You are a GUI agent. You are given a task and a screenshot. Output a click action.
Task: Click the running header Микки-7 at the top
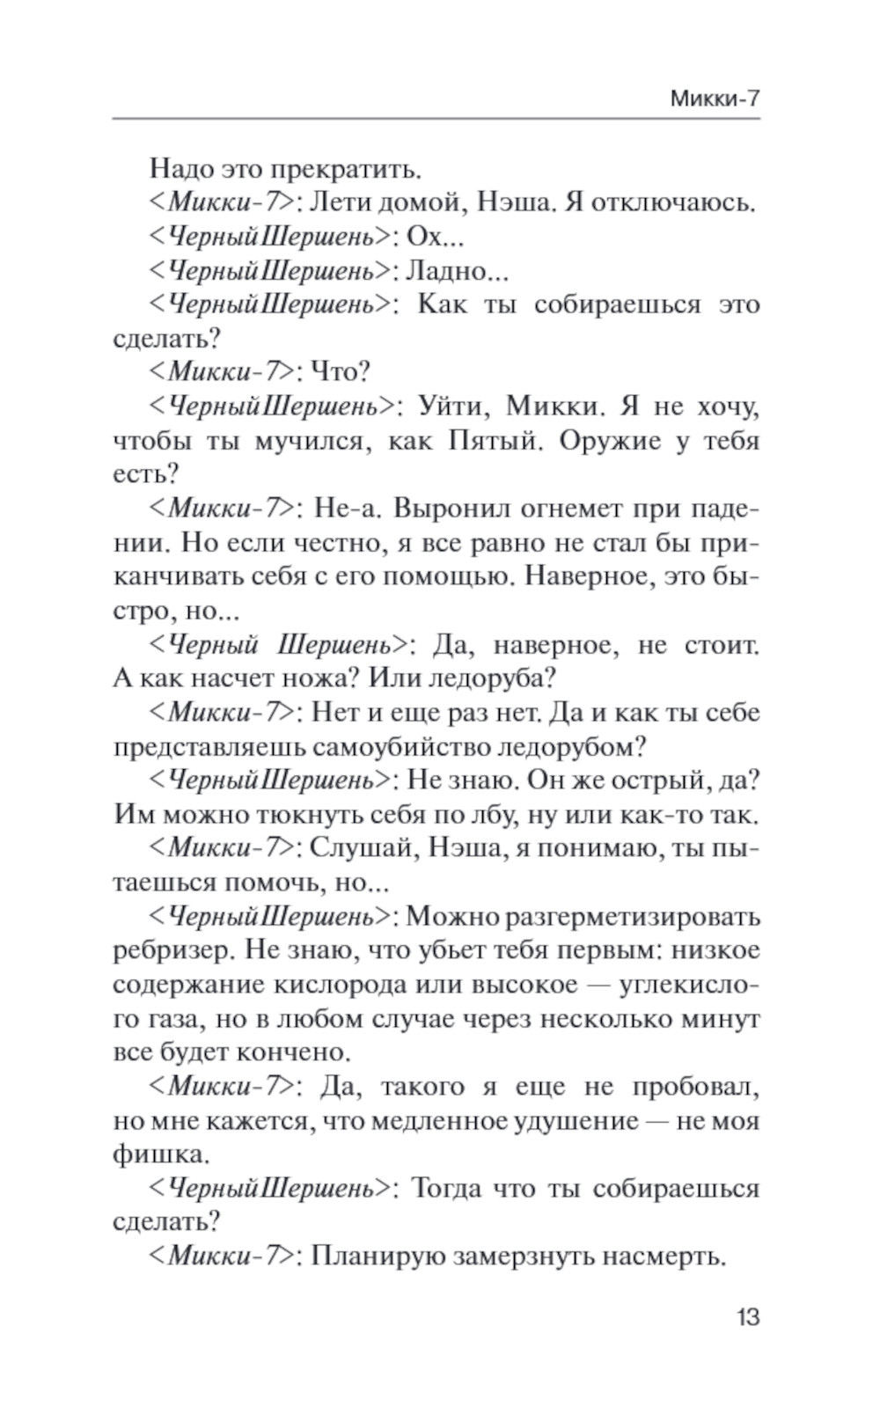click(x=714, y=99)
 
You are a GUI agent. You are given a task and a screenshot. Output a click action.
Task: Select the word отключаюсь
click(x=674, y=202)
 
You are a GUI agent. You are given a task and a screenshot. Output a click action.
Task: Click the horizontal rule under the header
click(x=436, y=119)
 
